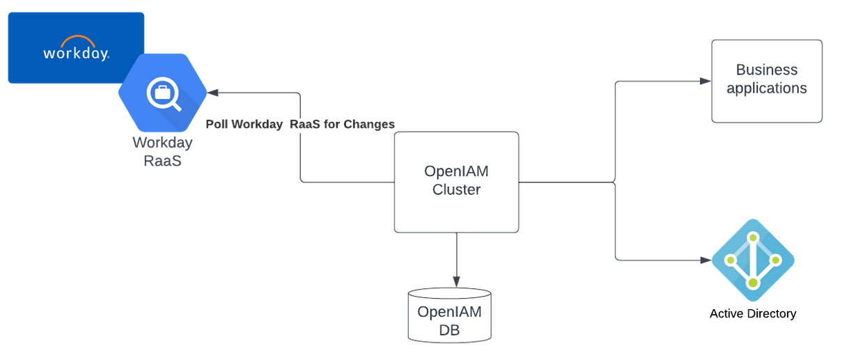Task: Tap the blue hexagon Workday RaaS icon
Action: [x=162, y=93]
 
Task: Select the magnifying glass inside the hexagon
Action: [x=164, y=94]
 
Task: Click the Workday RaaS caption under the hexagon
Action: [x=162, y=152]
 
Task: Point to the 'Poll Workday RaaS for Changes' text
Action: [x=300, y=124]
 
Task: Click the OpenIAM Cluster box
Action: [x=456, y=182]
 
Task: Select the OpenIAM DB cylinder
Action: [x=449, y=315]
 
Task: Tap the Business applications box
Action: [x=766, y=81]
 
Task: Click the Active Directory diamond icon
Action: [x=753, y=260]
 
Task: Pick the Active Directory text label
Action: [x=752, y=313]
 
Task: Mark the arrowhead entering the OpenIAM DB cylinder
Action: [x=456, y=282]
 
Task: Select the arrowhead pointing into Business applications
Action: [x=705, y=81]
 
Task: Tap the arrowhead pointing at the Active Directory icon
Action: [x=705, y=260]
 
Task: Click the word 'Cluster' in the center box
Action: [x=456, y=189]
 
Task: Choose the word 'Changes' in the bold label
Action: [x=370, y=124]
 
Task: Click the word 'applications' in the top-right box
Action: [x=766, y=88]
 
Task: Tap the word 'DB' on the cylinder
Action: [x=449, y=330]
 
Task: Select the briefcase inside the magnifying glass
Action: [x=161, y=91]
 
